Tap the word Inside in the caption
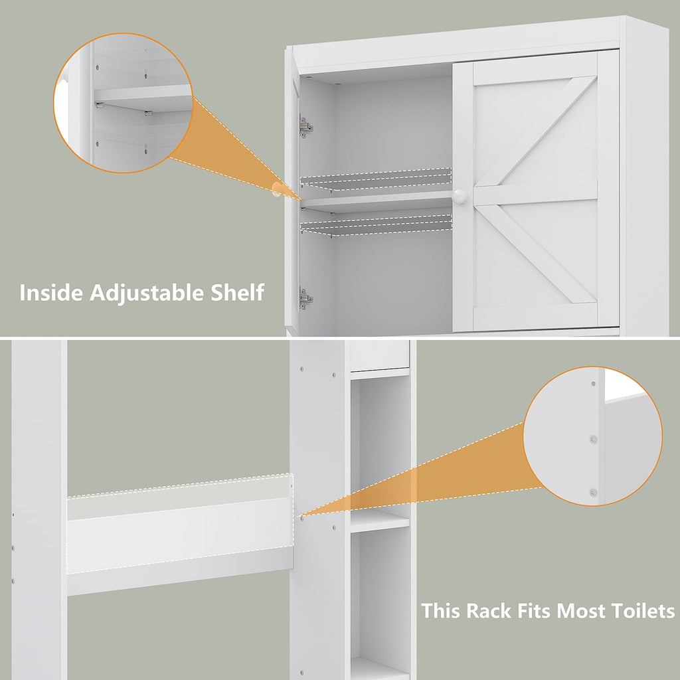(x=48, y=292)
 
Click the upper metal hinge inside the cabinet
(x=305, y=126)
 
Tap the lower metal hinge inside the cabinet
(x=305, y=298)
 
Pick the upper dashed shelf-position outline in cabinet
(x=377, y=177)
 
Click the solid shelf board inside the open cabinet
(x=377, y=201)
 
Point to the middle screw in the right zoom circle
(x=594, y=439)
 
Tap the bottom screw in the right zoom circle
(x=593, y=492)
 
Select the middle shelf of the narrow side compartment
(x=379, y=521)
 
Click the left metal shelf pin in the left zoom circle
(x=100, y=105)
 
